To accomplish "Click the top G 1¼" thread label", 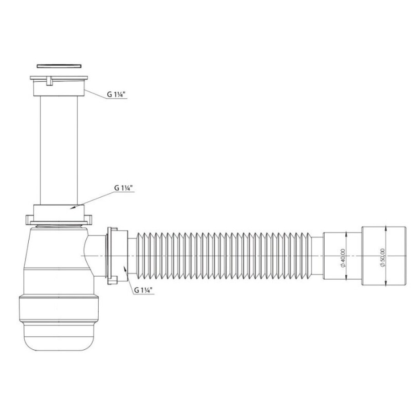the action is point(116,95).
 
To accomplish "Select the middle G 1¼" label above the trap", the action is point(123,188).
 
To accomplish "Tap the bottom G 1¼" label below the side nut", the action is point(143,290).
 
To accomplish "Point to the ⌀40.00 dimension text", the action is point(343,258).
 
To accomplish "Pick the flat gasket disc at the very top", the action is point(59,66).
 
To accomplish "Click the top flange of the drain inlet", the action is point(59,78).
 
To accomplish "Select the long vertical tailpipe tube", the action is point(59,150).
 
